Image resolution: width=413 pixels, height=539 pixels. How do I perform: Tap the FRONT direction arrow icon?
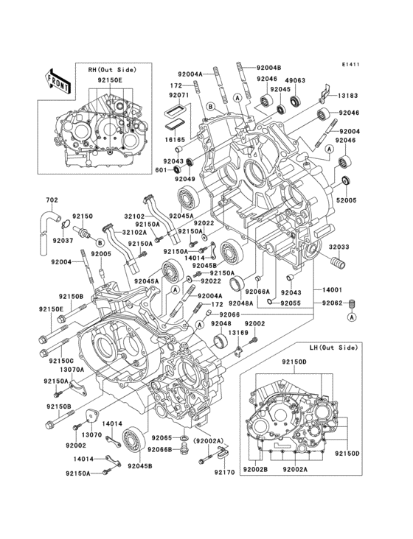click(x=59, y=80)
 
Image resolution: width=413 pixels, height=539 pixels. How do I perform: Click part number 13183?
click(x=349, y=96)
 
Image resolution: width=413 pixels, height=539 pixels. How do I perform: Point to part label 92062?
click(x=332, y=302)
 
